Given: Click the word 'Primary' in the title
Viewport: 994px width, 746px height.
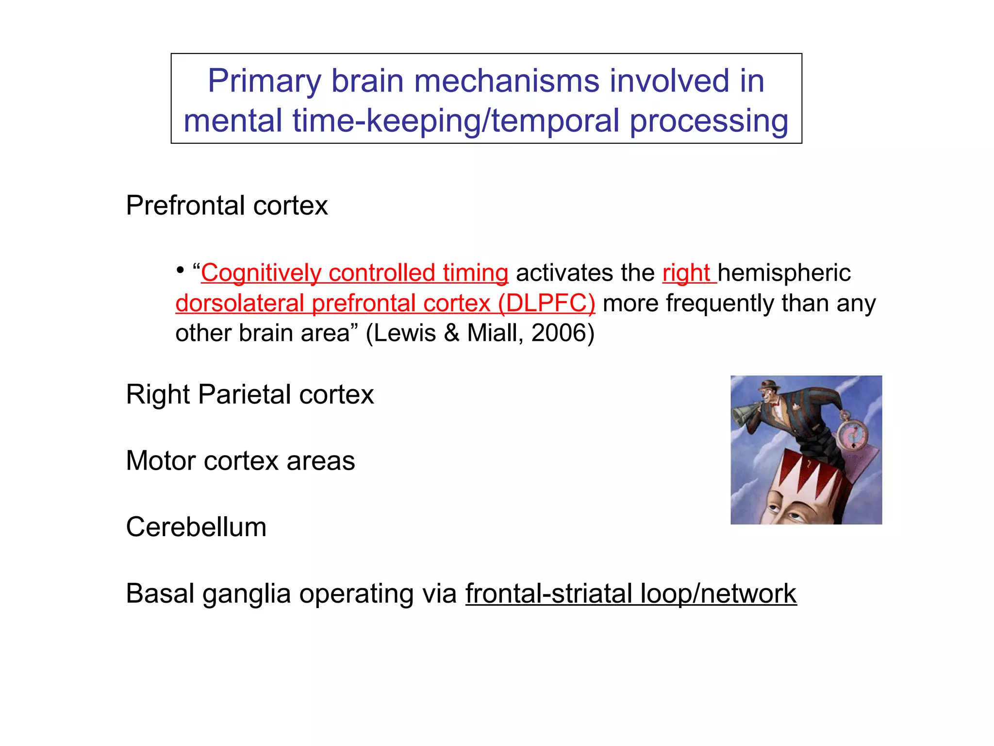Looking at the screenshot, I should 264,81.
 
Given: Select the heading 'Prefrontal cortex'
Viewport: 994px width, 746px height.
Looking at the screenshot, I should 227,205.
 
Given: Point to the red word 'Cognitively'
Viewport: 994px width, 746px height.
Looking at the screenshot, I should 261,273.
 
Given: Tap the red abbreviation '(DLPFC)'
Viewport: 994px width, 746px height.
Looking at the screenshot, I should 547,304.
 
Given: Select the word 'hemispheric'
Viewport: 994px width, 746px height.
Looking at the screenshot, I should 784,273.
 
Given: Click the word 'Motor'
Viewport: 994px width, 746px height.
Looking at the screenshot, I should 161,461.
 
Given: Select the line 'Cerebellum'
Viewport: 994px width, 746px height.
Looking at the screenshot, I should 196,527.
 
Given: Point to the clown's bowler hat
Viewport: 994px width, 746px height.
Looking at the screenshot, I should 769,385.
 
